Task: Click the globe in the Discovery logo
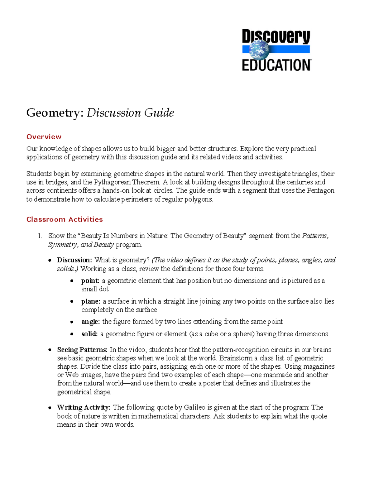pyautogui.click(x=259, y=50)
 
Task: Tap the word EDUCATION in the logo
pyautogui.click(x=276, y=65)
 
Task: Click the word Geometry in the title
pyautogui.click(x=55, y=113)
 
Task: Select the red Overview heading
pyautogui.click(x=44, y=137)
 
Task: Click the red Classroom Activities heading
pyautogui.click(x=65, y=219)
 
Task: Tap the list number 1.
pyautogui.click(x=40, y=236)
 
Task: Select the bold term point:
pyautogui.click(x=90, y=281)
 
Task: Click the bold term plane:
pyautogui.click(x=91, y=301)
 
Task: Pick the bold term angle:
pyautogui.click(x=90, y=322)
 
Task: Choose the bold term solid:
pyautogui.click(x=89, y=334)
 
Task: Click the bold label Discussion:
pyautogui.click(x=74, y=260)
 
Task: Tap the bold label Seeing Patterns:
pyautogui.click(x=82, y=350)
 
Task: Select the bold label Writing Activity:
pyautogui.click(x=84, y=408)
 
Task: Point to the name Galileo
pyautogui.click(x=194, y=408)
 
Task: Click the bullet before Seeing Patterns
pyautogui.click(x=50, y=350)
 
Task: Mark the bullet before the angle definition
pyautogui.click(x=72, y=322)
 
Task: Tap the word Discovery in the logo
pyautogui.click(x=276, y=37)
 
